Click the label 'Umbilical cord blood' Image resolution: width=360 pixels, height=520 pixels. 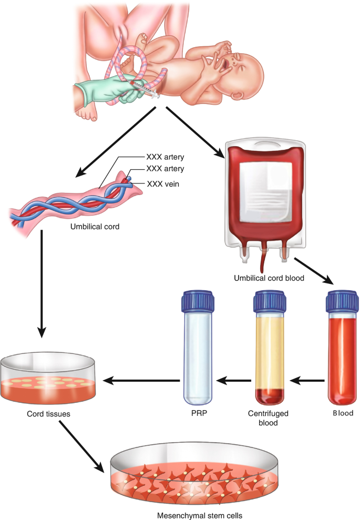(270, 278)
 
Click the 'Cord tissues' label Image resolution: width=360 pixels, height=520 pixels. (42, 414)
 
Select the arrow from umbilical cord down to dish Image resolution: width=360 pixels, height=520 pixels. (41, 284)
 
